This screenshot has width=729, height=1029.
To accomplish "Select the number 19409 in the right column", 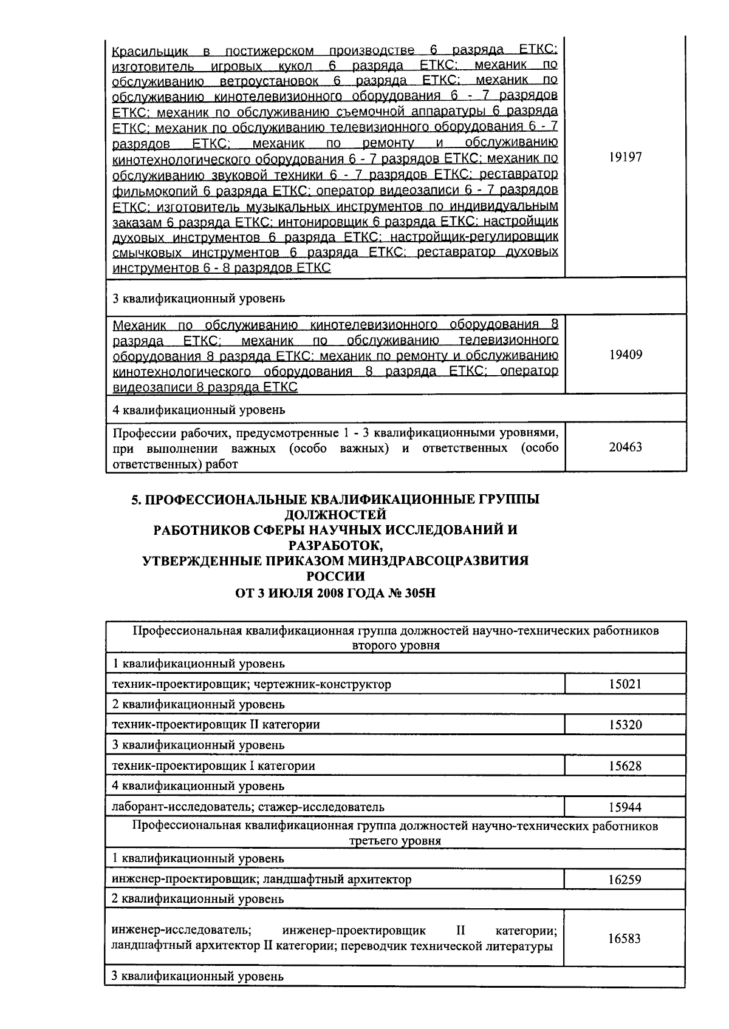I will point(625,355).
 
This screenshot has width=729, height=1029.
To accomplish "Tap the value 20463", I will point(625,447).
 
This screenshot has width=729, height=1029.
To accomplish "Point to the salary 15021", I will point(625,684).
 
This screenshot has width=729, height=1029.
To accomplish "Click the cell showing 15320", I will point(625,725).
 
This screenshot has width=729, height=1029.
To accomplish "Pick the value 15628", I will point(625,766).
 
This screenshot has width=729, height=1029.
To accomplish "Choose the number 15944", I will point(625,807).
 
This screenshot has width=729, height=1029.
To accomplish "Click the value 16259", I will point(625,879).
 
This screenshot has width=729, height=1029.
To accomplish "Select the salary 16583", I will point(625,939).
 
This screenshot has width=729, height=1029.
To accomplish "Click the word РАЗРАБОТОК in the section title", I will point(335,545).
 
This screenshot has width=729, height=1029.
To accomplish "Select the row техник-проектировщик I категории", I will point(214,766).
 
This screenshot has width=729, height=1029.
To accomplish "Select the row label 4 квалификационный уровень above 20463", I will point(199,410).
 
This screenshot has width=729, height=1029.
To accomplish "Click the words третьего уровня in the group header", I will point(395,841).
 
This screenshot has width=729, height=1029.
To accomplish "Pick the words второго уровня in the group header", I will point(395,645).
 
